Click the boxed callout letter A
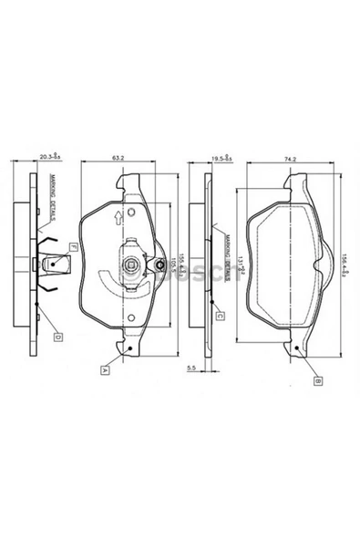107,369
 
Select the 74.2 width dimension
291,161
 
